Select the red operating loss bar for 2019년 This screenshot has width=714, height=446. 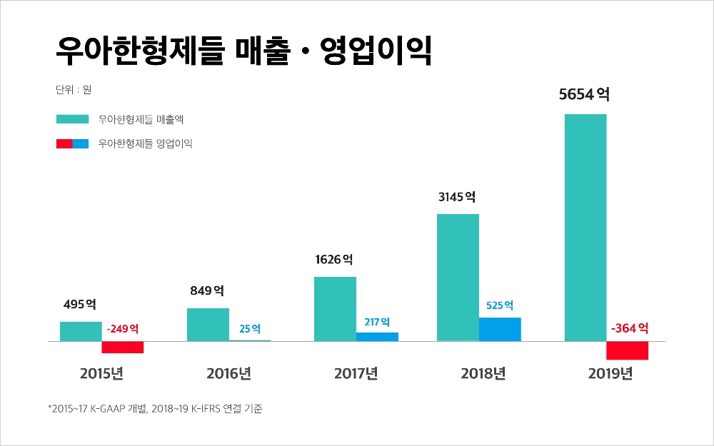tap(627, 350)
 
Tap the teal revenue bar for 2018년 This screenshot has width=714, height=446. tap(458, 277)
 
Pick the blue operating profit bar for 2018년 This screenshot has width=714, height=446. tap(500, 329)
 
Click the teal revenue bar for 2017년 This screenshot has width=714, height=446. tap(335, 308)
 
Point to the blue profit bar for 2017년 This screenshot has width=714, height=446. tap(377, 336)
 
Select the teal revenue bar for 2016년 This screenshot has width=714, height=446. tap(208, 324)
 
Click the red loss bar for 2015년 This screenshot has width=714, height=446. tap(123, 348)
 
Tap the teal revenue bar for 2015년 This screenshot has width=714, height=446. tap(81, 331)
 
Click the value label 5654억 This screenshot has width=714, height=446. tap(584, 94)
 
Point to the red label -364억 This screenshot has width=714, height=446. tap(629, 328)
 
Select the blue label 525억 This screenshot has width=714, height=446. tap(500, 305)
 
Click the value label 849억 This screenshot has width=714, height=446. tap(207, 290)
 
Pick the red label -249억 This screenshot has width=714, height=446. tap(122, 329)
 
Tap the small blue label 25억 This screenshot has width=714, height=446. tap(250, 329)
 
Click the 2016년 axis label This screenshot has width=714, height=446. tap(228, 373)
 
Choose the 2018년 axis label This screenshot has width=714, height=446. tap(483, 373)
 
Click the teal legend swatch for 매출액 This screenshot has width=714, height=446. tap(71, 119)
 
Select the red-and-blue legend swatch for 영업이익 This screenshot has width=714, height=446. tap(71, 143)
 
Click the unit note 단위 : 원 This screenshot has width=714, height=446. tap(73, 91)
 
